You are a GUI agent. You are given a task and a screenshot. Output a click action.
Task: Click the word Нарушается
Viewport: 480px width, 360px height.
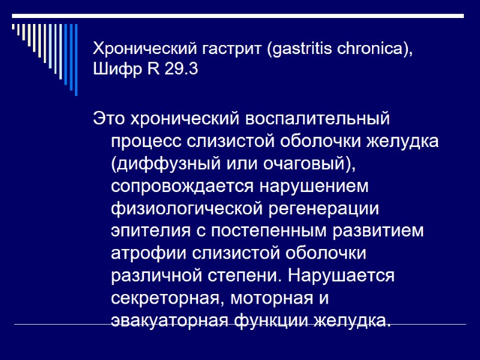[341, 275]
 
